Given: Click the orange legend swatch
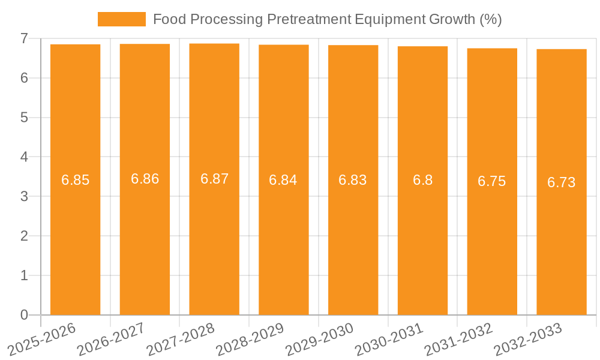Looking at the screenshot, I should click(122, 19).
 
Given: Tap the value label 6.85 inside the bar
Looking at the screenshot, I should click(75, 179).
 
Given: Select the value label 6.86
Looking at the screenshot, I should click(145, 178).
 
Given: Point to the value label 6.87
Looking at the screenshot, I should click(214, 178).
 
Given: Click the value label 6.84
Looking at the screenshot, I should click(283, 179).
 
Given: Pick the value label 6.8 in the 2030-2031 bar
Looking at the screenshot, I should click(422, 179).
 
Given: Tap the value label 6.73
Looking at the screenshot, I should click(561, 182).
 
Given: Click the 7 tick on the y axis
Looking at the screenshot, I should click(24, 38).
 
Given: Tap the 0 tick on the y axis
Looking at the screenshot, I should click(24, 315).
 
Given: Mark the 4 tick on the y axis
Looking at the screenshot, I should click(24, 157).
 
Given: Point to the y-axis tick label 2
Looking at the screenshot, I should click(24, 236).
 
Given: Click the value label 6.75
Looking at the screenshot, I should click(491, 181).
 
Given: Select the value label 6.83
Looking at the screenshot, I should click(353, 179).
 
